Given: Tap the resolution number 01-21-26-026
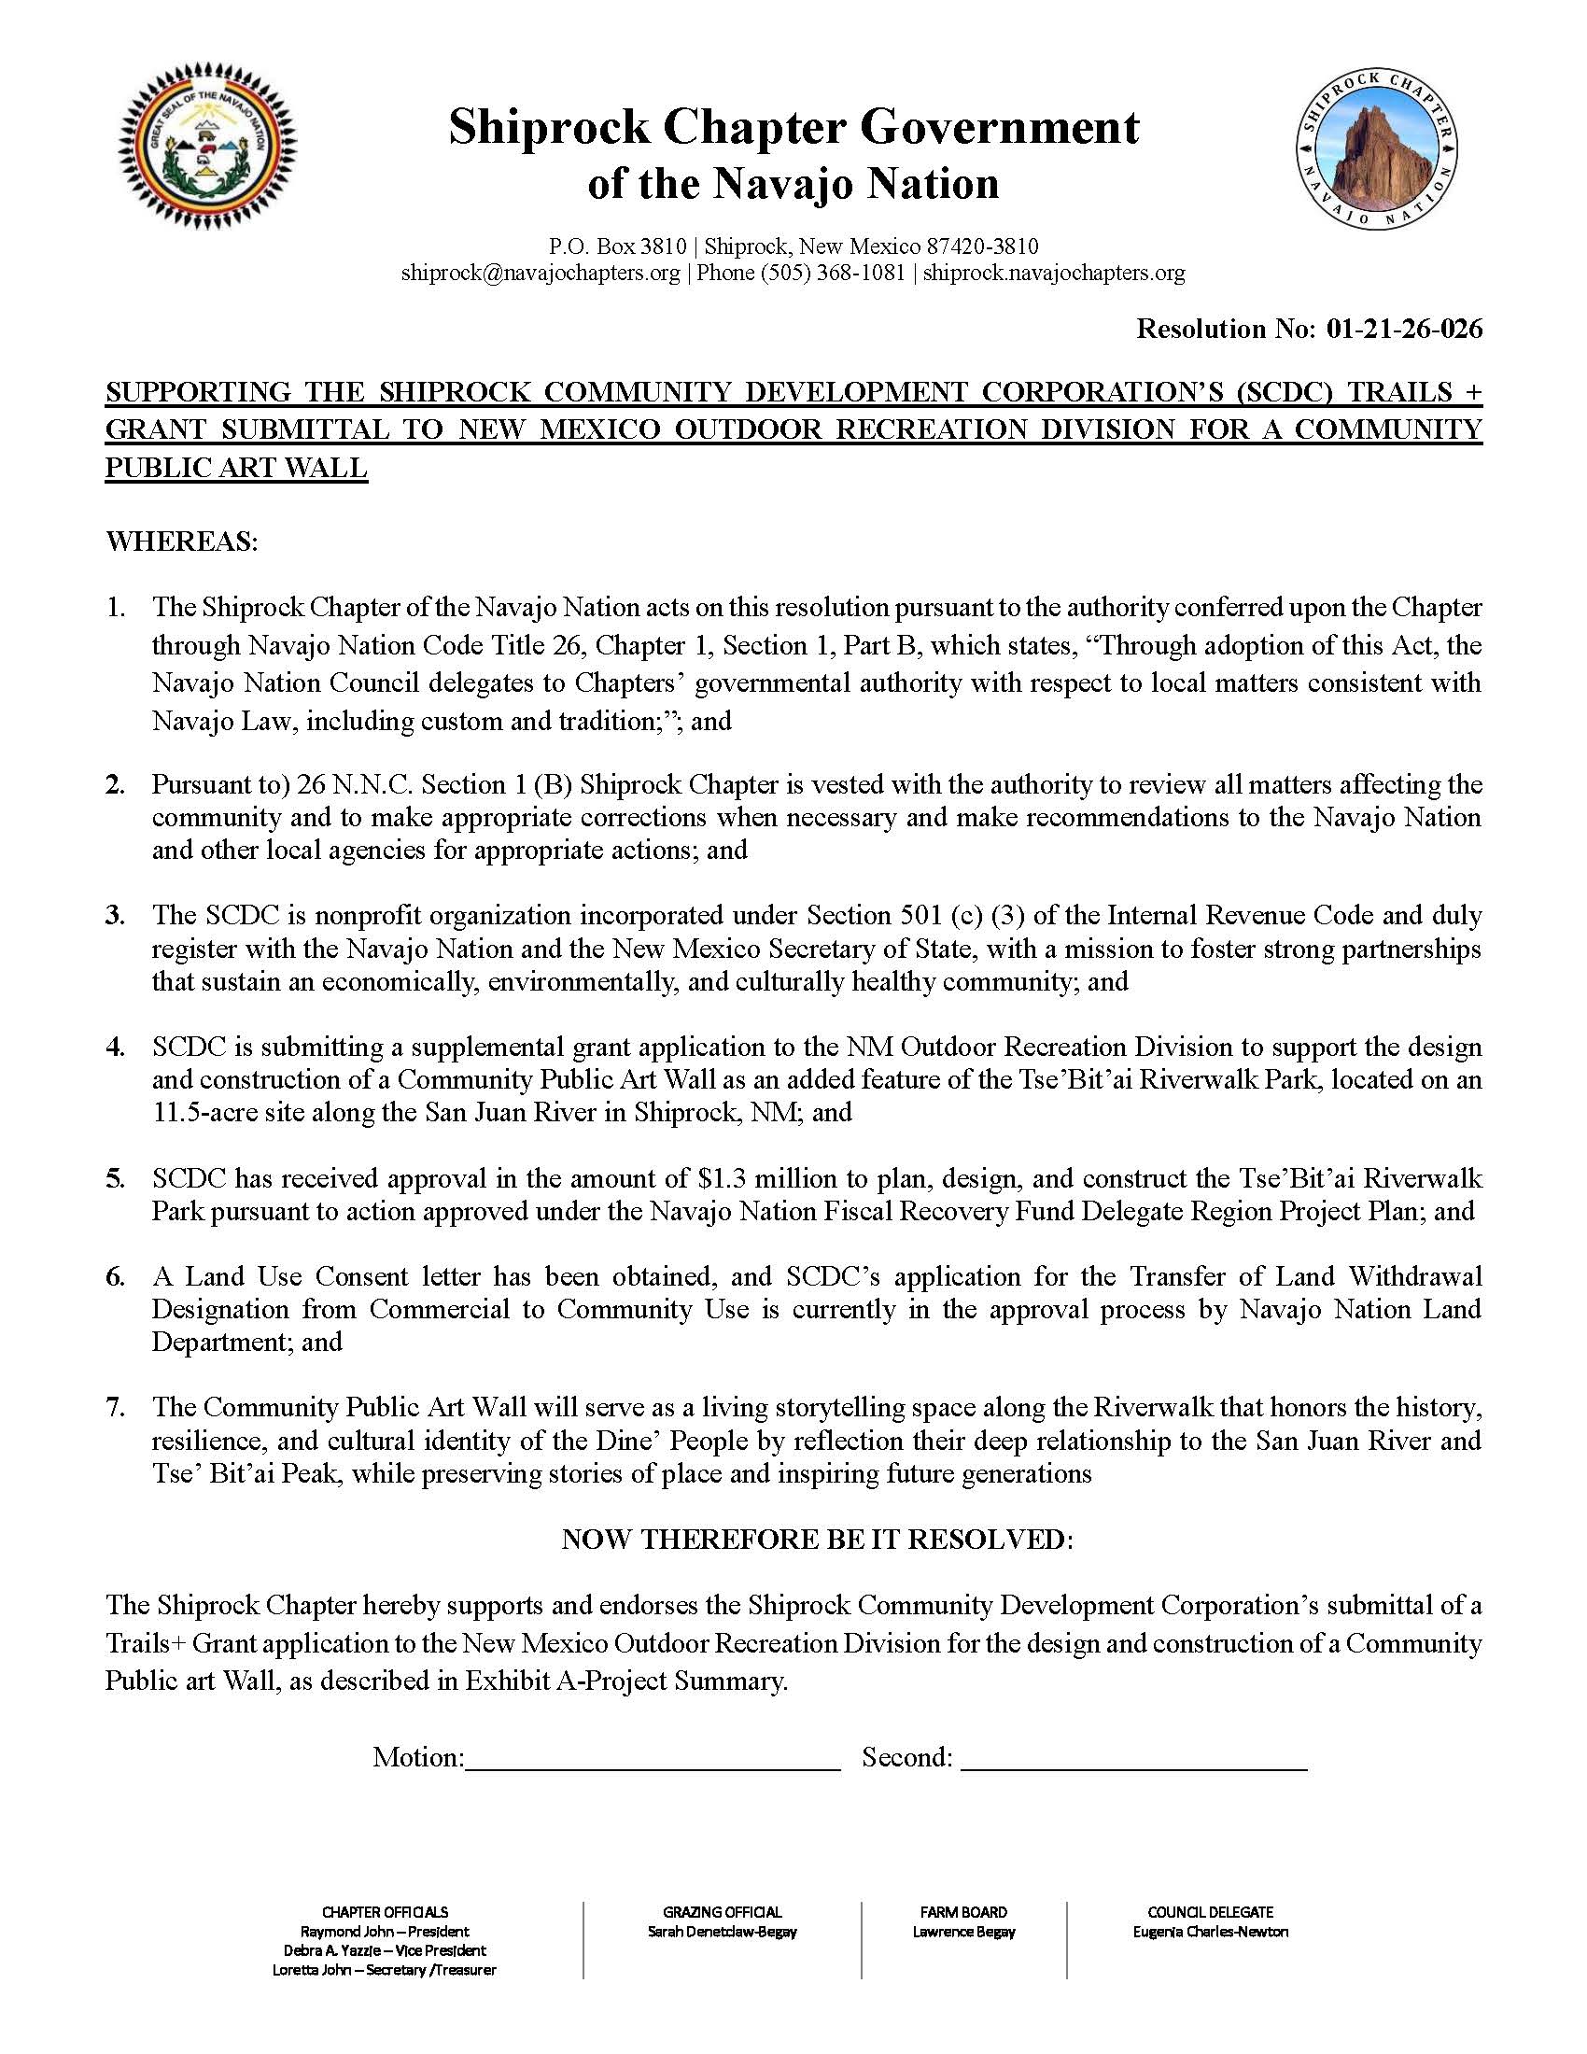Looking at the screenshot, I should click(x=1405, y=329).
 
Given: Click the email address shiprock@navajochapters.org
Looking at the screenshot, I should click(x=540, y=273).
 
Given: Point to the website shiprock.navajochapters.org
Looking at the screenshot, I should click(x=1053, y=273).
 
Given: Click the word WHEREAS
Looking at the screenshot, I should click(x=179, y=542).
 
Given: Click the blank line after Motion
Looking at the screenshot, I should click(x=653, y=1757).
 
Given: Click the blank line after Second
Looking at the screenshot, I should click(x=1134, y=1757).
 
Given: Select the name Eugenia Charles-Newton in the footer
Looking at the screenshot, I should click(x=1210, y=1932).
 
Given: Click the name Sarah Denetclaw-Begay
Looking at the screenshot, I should click(x=721, y=1932).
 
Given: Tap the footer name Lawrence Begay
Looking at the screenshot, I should click(x=963, y=1932).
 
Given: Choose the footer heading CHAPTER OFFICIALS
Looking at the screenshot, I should click(x=385, y=1912).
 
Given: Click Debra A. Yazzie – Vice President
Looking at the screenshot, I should click(x=385, y=1950).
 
